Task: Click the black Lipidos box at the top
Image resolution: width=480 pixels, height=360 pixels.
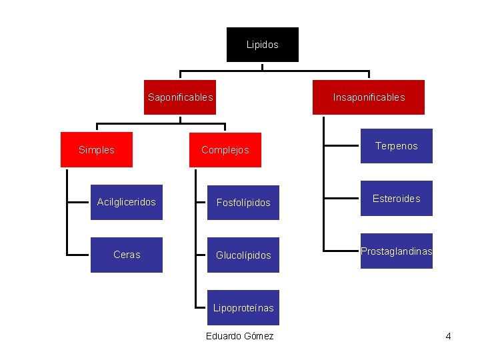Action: coord(262,45)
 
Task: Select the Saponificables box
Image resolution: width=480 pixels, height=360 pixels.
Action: coord(180,97)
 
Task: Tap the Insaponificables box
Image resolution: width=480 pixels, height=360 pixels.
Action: coord(369,97)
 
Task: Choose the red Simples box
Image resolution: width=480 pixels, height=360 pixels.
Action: coord(96,149)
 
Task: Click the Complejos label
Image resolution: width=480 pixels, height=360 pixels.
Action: coord(225,150)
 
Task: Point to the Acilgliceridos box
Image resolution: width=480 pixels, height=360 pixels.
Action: coord(126,202)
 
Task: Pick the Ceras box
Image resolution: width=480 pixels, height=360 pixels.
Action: coord(126,255)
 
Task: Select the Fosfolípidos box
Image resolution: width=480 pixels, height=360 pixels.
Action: coord(243,203)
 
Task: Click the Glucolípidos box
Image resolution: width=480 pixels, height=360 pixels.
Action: coord(243,255)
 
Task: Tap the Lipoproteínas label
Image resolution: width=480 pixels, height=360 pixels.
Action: coord(243,307)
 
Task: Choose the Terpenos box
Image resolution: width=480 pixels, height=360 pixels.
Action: coord(396,146)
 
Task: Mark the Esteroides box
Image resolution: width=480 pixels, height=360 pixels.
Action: coord(396,199)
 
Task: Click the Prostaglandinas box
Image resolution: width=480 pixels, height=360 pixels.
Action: coord(396,251)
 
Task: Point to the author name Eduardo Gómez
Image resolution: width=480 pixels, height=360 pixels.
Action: coord(239,336)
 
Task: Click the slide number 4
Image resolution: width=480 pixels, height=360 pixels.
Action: coord(448,336)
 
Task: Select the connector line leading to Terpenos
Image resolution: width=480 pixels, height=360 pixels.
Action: coord(342,145)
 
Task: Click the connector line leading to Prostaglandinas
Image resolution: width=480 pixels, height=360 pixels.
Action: coord(342,251)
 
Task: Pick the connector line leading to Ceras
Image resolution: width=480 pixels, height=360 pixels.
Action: coord(79,254)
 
